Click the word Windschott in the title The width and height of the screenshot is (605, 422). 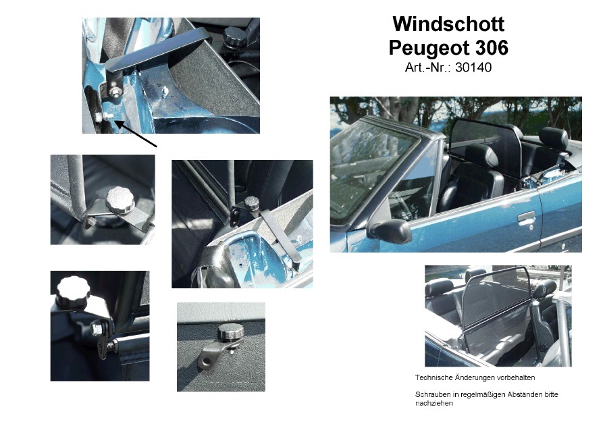click(x=448, y=24)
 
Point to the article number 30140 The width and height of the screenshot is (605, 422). click(x=473, y=67)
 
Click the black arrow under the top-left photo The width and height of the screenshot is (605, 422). click(x=136, y=134)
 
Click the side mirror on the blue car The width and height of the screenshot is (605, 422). click(x=390, y=230)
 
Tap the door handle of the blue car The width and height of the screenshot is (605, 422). click(x=526, y=218)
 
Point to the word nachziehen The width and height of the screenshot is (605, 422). click(x=434, y=404)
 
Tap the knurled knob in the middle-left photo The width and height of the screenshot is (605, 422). click(x=120, y=199)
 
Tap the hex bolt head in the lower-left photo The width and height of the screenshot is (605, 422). click(x=96, y=328)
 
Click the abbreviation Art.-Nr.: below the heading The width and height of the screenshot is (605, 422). click(x=428, y=67)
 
